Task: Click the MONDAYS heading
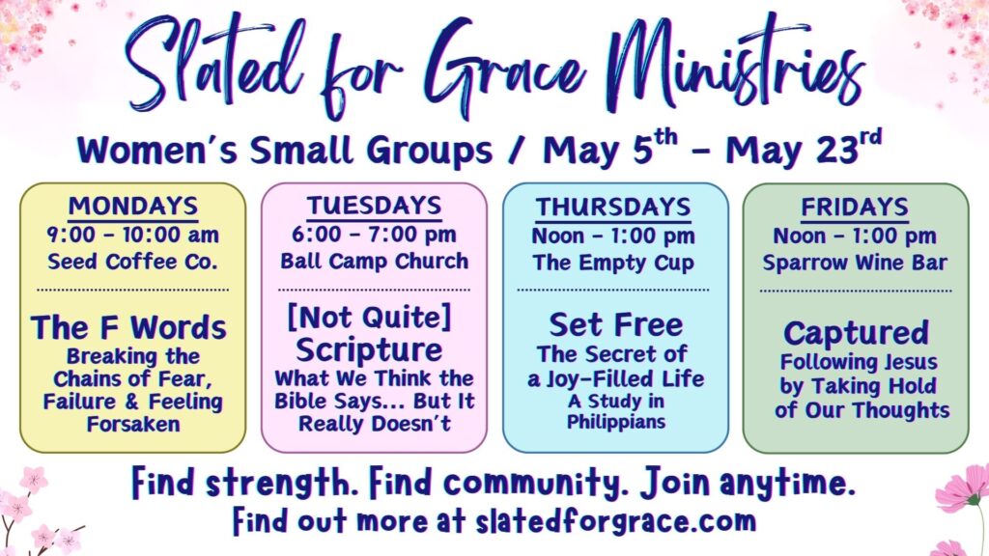[133, 207]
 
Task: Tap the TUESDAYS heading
[375, 207]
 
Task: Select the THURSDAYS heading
[613, 208]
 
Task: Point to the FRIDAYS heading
[855, 208]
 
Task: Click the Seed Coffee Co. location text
[132, 262]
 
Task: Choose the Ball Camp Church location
[375, 261]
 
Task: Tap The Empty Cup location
[613, 263]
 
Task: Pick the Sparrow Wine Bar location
[855, 263]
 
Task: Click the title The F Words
[128, 328]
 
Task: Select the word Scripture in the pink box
[369, 350]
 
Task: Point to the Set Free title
[615, 325]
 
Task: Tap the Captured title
[856, 333]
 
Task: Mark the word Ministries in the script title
[738, 63]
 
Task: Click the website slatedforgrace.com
[615, 521]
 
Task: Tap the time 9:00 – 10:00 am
[133, 236]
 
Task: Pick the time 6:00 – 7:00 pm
[374, 235]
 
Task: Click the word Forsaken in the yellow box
[133, 425]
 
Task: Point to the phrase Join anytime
[749, 484]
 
